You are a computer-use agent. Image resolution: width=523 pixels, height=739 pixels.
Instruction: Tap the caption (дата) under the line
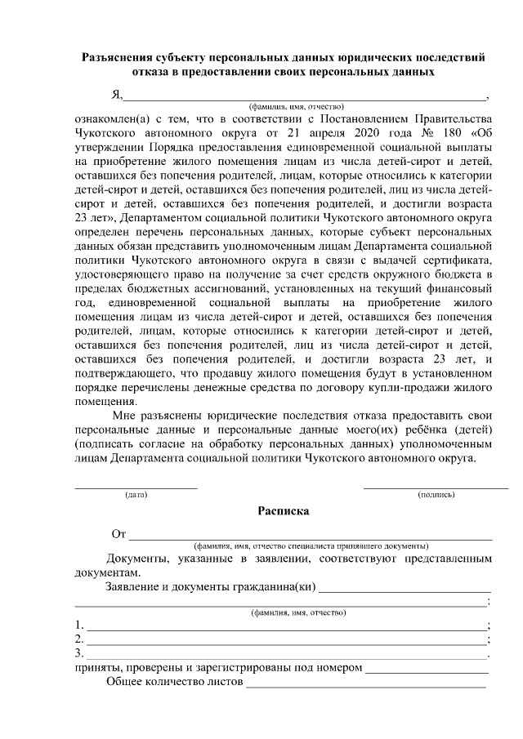[136, 495]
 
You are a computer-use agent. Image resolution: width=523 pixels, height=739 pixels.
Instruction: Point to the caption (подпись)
[436, 495]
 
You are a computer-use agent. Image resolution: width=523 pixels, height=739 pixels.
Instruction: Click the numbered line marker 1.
[78, 625]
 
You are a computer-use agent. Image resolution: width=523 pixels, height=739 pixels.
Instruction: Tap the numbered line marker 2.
[78, 639]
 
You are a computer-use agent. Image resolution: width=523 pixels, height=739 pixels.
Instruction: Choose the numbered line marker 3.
[78, 653]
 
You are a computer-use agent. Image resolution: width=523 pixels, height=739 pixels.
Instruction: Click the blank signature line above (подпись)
[436, 487]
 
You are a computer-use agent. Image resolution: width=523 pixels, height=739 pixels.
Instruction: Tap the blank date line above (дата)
[136, 487]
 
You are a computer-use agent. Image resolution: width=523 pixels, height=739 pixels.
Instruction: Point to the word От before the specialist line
[118, 535]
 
